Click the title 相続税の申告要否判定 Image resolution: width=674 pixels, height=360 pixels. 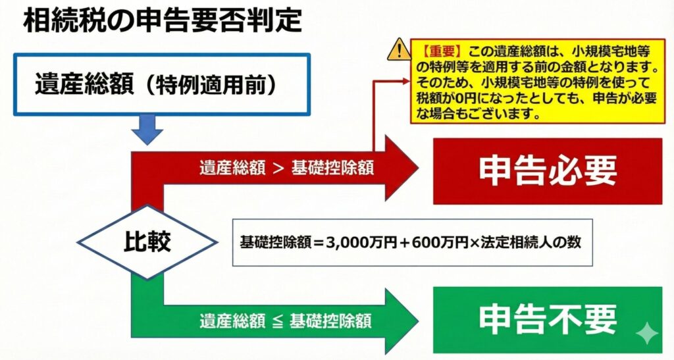pos(163,20)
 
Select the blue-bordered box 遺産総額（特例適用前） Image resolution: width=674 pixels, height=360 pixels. pos(162,84)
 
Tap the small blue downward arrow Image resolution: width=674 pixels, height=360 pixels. pos(147,129)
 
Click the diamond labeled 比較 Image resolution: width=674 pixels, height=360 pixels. pos(147,242)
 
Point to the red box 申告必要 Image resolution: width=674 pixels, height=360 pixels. pos(548,171)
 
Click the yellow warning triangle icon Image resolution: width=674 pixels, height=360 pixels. pos(399,49)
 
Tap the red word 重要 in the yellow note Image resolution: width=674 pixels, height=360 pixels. pos(442,51)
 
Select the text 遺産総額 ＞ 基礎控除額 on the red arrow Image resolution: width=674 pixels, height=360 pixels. pos(286,168)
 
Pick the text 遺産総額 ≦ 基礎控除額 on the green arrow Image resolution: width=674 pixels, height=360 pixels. pos(286,321)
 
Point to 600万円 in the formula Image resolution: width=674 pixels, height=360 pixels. pos(440,242)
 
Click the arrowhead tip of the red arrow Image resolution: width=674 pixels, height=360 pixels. pos(418,168)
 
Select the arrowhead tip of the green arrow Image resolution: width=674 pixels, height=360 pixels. pos(418,321)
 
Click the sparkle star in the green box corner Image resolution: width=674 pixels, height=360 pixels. pos(647,334)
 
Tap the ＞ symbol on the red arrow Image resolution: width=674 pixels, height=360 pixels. pos(278,168)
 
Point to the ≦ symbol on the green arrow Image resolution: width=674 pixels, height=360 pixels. pos(278,321)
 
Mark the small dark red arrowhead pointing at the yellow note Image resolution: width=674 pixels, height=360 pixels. pos(405,81)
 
